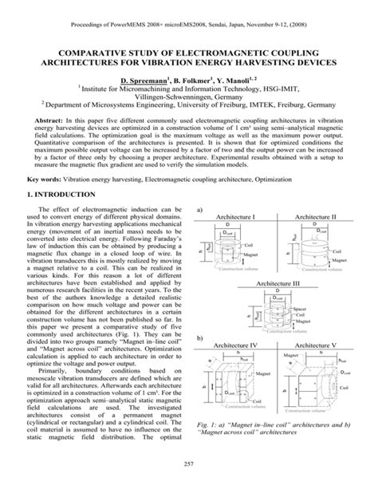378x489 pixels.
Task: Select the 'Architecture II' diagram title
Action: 316,217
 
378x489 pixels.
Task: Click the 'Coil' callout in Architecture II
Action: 339,249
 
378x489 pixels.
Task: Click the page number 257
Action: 189,464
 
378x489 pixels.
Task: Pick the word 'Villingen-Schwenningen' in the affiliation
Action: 189,101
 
